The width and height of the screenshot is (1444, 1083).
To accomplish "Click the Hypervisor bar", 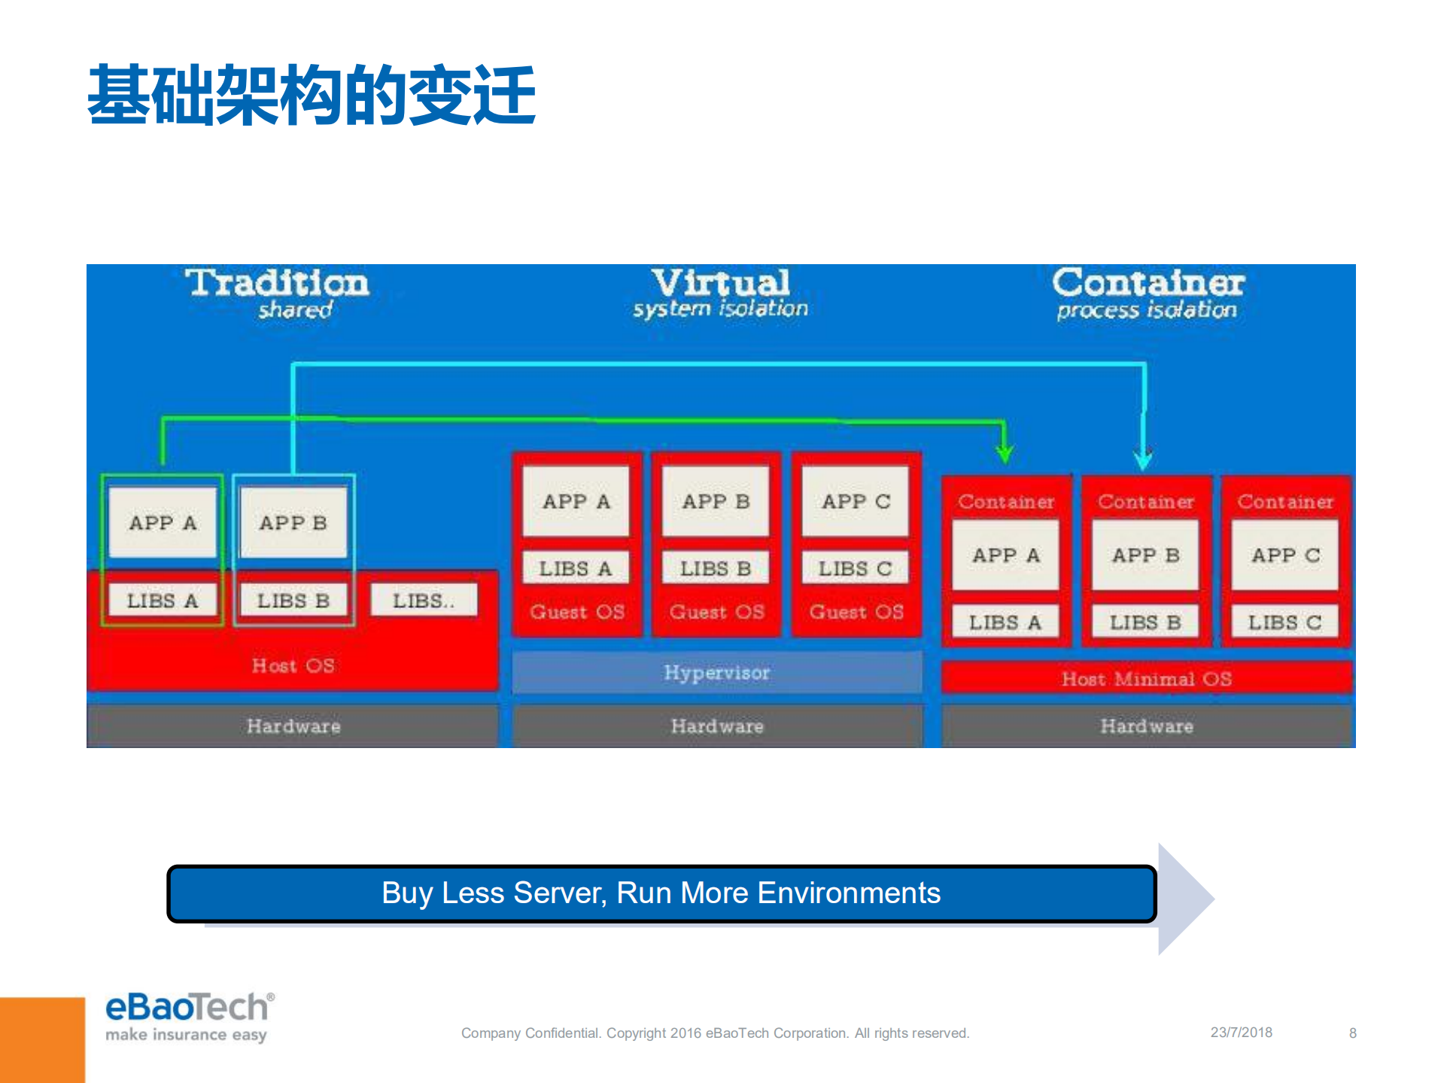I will (x=716, y=672).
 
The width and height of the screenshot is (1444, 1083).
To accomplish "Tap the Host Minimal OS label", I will (x=1146, y=679).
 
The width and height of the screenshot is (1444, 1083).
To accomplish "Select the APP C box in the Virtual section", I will (x=856, y=501).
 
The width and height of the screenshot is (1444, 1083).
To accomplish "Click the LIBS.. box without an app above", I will (x=424, y=601).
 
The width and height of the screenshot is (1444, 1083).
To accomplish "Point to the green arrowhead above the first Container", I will (x=1005, y=452).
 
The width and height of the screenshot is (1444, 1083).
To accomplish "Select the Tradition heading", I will (x=277, y=283).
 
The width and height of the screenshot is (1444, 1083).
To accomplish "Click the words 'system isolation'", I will (x=720, y=309).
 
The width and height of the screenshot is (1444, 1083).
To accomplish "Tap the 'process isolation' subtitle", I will (x=1146, y=309).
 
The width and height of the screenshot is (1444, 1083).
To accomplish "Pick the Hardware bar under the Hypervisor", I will (x=716, y=726).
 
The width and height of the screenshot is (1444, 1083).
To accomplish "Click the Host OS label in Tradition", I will (x=293, y=665).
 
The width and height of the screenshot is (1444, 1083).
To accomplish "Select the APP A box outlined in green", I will (x=163, y=522).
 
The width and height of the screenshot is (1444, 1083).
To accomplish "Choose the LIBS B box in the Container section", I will (x=1145, y=622).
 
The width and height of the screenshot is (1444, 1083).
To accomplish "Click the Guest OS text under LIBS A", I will (x=577, y=612).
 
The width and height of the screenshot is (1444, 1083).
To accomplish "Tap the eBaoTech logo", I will (x=189, y=1016).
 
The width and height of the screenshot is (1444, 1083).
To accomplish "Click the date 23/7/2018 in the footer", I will (x=1241, y=1033).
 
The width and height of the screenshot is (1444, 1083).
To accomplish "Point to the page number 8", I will (x=1352, y=1033).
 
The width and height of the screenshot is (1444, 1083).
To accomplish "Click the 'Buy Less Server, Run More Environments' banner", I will (x=661, y=893).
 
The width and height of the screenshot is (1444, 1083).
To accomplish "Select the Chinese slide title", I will (x=312, y=96).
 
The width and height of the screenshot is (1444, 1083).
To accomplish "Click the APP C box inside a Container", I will (x=1285, y=555).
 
